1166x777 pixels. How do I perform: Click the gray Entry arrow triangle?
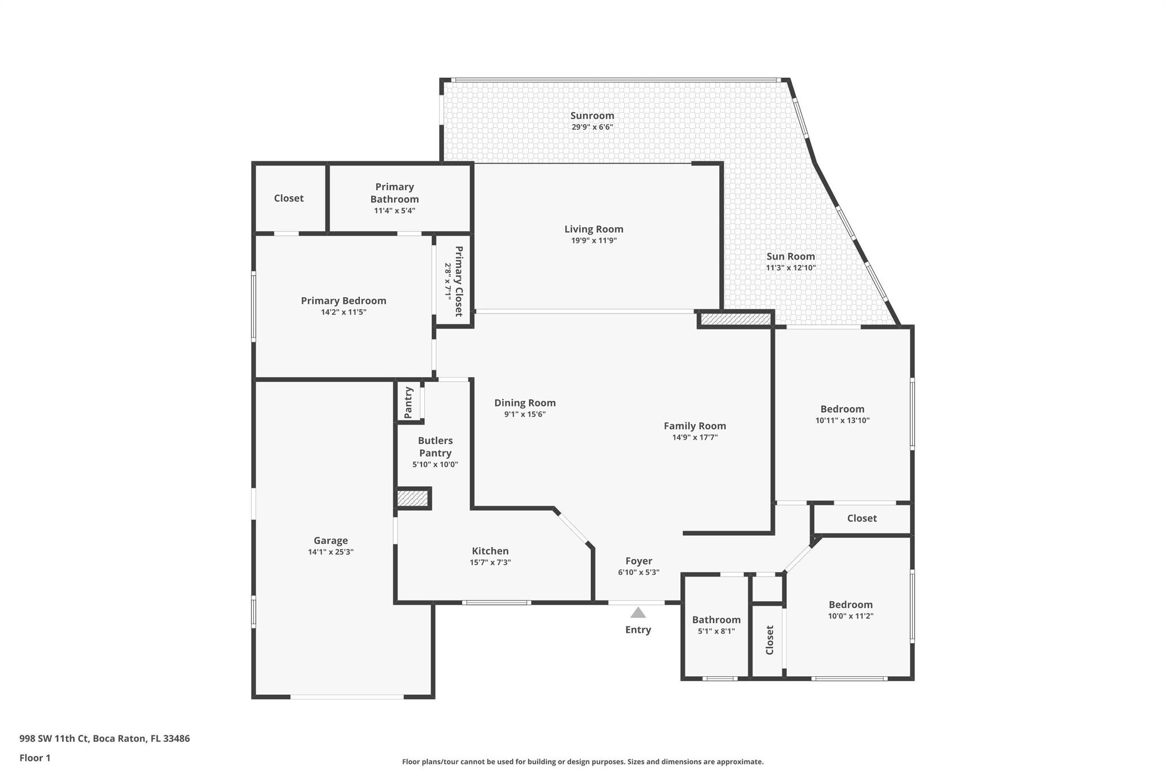click(x=638, y=612)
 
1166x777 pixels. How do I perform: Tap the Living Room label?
click(x=594, y=229)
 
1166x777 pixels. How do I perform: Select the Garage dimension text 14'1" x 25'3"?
click(x=331, y=552)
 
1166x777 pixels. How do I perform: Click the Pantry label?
click(x=408, y=402)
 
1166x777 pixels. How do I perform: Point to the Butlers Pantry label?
click(x=436, y=447)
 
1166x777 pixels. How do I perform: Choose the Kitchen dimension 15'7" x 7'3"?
click(x=490, y=562)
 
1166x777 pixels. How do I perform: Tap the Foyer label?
click(x=639, y=561)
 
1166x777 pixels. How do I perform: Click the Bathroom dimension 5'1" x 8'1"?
click(x=716, y=631)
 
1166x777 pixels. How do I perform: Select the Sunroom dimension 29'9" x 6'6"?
click(x=592, y=127)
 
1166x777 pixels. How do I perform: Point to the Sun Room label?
click(x=791, y=256)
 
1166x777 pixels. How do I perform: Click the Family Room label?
click(x=695, y=426)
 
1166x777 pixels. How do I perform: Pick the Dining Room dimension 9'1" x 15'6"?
click(x=525, y=414)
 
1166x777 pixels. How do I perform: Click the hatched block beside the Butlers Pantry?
click(x=412, y=499)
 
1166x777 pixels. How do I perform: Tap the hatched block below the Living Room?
click(x=735, y=319)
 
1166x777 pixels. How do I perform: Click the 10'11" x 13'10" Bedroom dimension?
click(x=843, y=421)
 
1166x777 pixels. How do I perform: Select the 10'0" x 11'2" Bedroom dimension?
click(x=851, y=616)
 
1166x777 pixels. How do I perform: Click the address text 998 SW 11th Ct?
click(x=55, y=739)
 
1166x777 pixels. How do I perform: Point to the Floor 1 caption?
click(x=35, y=758)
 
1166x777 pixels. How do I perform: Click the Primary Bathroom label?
click(x=395, y=193)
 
